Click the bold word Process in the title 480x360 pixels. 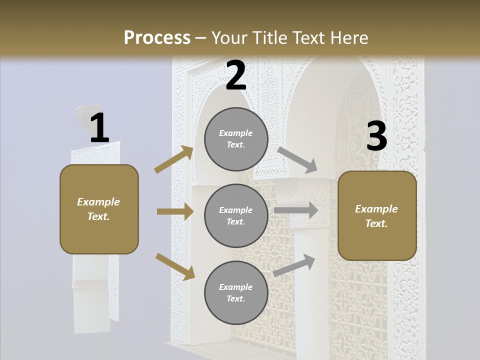pos(157,37)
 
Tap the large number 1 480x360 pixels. pos(99,129)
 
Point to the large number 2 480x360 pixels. pos(236,76)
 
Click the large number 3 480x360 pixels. pos(376,136)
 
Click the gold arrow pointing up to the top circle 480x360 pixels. pos(173,159)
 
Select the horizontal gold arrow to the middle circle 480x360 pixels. pos(175,211)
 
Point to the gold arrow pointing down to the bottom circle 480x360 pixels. pos(175,266)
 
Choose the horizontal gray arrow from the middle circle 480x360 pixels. pos(296,210)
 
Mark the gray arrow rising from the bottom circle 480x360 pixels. pos(294,265)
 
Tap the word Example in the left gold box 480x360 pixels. pos(98,202)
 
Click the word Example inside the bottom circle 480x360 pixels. pos(235,287)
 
